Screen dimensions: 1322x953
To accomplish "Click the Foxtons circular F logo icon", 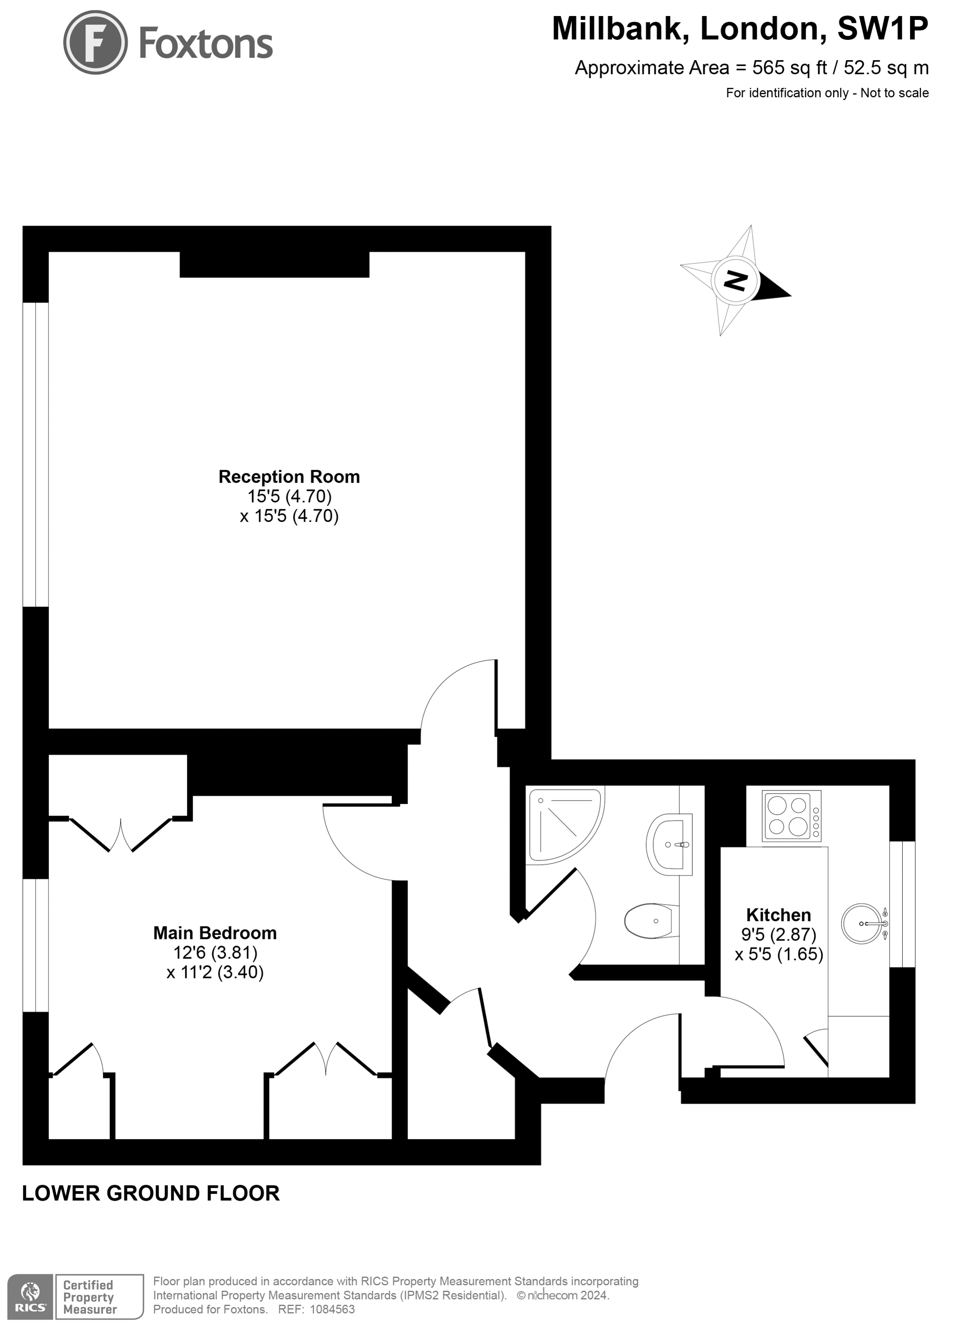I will click(x=95, y=42).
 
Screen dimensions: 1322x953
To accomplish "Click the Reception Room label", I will click(x=289, y=477).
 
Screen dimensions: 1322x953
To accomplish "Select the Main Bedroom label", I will click(x=215, y=933).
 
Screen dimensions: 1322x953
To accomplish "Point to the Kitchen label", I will click(x=778, y=914).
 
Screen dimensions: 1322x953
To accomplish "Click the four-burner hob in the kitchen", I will click(x=791, y=816).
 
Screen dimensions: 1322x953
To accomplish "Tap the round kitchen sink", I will click(x=862, y=923).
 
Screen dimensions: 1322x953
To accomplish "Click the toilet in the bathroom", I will click(x=649, y=921).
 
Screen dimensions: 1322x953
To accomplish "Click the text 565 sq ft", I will click(x=789, y=68).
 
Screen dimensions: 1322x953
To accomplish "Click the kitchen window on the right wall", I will click(x=902, y=904).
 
